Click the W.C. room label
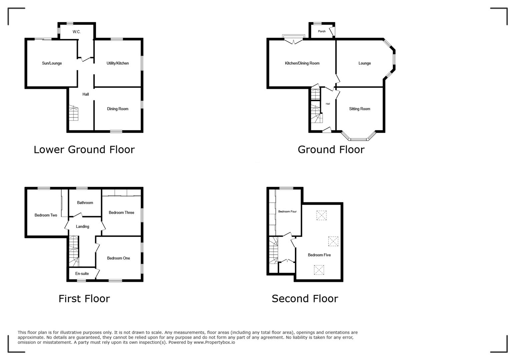[x=76, y=32]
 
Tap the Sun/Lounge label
[x=52, y=63]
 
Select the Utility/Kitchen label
[x=117, y=63]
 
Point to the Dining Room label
[x=117, y=109]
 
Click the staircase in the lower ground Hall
[x=74, y=113]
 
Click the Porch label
[x=322, y=31]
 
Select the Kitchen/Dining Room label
[x=302, y=63]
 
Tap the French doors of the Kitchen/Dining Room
[x=294, y=41]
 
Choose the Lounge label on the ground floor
[x=364, y=63]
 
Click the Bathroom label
[x=85, y=203]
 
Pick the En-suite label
[x=82, y=274]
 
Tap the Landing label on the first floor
[x=82, y=227]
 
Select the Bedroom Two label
[x=46, y=215]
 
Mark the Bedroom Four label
[x=287, y=212]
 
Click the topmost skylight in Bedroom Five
[x=321, y=215]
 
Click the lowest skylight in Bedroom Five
[x=319, y=270]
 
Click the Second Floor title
[x=305, y=299]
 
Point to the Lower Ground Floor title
[x=84, y=150]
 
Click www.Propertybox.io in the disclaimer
[x=214, y=342]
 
